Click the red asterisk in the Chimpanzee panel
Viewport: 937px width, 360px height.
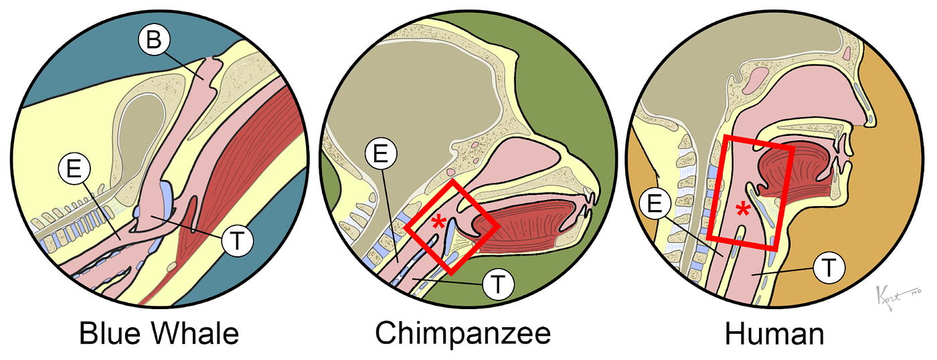pyautogui.click(x=438, y=223)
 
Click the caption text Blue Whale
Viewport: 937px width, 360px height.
pyautogui.click(x=159, y=333)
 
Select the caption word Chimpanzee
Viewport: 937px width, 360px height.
pyautogui.click(x=462, y=333)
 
